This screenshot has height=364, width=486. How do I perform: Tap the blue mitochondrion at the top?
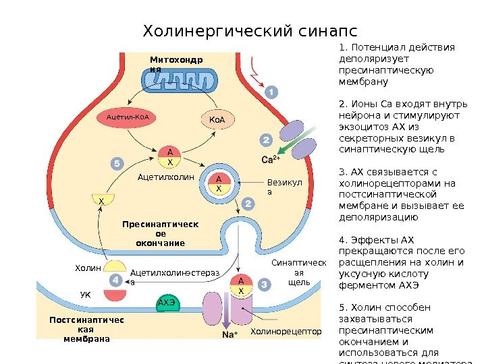(180, 82)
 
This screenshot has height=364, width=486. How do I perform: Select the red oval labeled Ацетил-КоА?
(131, 117)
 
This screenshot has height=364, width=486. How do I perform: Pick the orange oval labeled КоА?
(217, 120)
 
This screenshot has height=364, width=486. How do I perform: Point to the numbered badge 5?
(117, 163)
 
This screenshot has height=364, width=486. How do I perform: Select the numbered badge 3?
(263, 286)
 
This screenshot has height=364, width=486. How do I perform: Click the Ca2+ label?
(271, 160)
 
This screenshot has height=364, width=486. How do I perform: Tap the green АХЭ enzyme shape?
(167, 303)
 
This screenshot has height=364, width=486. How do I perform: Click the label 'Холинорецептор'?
(286, 332)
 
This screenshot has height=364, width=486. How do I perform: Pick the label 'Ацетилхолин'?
(165, 177)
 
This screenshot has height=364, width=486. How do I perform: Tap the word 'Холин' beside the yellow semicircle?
(88, 268)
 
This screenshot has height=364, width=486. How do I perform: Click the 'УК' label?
(85, 295)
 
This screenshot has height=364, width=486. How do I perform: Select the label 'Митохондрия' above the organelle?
(175, 65)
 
